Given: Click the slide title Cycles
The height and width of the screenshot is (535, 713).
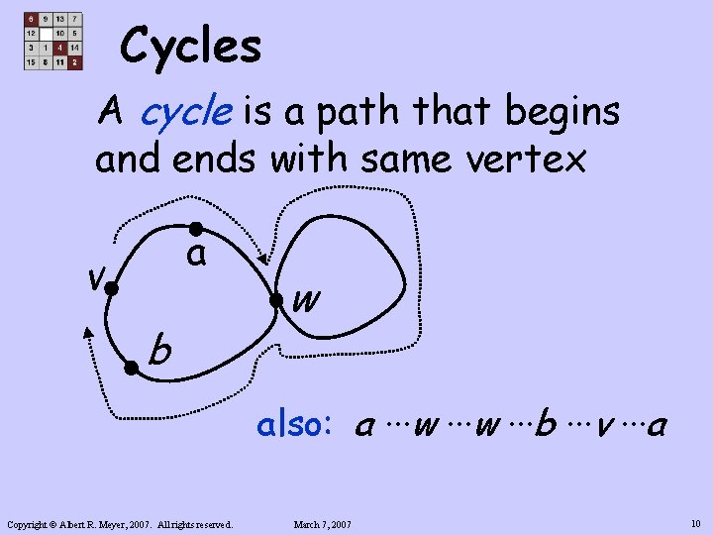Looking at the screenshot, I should [x=190, y=46].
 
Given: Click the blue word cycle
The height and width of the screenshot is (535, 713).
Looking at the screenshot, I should [x=185, y=112].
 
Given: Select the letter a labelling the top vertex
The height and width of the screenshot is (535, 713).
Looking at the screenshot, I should [x=197, y=256].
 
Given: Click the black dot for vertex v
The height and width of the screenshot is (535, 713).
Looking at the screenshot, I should [x=112, y=289].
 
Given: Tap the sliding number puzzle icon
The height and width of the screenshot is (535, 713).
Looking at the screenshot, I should [x=53, y=42].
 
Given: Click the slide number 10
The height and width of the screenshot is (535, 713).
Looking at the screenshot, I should [x=695, y=522].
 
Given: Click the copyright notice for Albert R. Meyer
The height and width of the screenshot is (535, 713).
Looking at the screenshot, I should [x=119, y=523].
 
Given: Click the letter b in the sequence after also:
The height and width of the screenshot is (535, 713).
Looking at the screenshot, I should [x=544, y=426].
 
